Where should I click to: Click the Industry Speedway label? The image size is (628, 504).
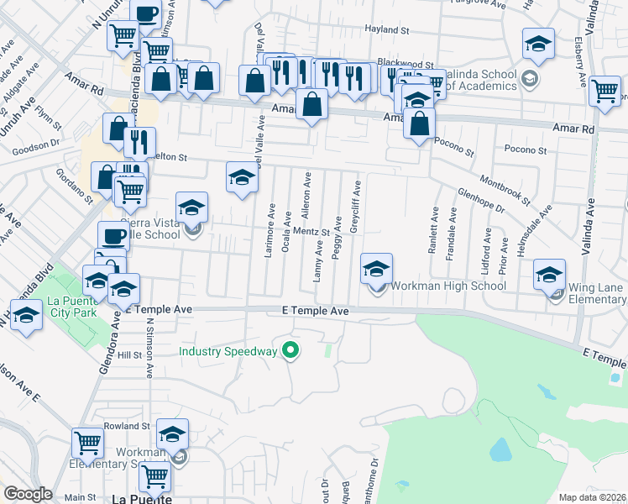tap(227, 350)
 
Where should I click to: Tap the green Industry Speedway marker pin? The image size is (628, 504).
tap(291, 350)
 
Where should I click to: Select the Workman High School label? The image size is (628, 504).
tap(448, 286)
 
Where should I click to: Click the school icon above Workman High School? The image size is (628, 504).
tap(377, 269)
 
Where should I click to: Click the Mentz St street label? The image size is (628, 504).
tap(309, 231)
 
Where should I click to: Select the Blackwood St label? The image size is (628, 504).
tap(405, 63)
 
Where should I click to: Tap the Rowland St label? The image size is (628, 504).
tap(128, 427)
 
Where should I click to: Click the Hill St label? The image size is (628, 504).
tap(129, 355)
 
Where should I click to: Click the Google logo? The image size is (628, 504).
tap(28, 494)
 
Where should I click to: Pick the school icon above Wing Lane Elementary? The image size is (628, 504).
tap(550, 275)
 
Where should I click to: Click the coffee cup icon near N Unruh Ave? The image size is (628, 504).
tap(145, 14)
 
